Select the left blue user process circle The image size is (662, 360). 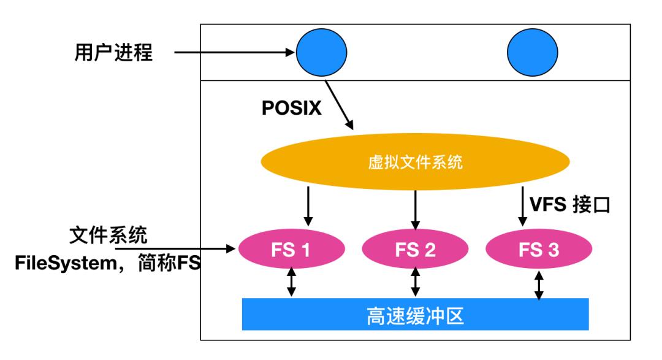point(321,52)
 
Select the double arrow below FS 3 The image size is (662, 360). point(538,285)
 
